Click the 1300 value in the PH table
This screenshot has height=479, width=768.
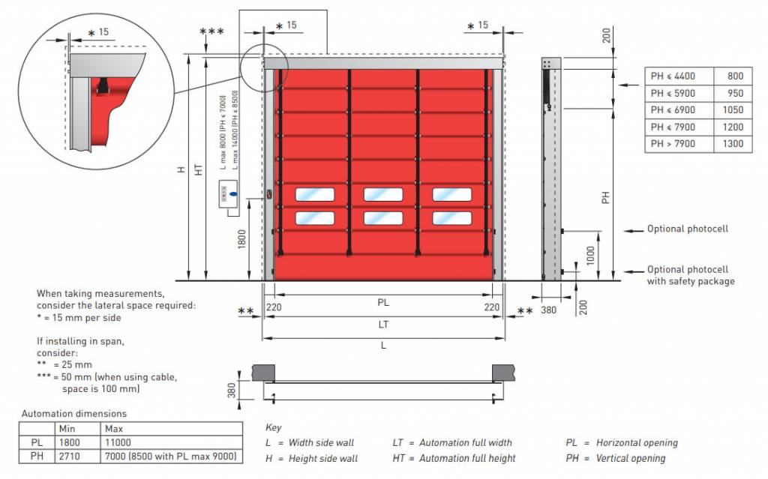coord(735,144)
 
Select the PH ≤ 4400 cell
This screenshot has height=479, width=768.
coord(673,76)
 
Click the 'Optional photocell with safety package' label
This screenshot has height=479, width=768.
coord(691,275)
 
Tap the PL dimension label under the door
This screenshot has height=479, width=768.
coord(383,303)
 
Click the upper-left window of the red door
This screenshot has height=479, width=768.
coord(316,195)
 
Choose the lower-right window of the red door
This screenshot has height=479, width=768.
coord(452,218)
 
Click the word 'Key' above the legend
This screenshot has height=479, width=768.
coord(274,427)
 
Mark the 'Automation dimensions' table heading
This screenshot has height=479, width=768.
coord(74,414)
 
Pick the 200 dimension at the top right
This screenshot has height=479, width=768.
coord(606,35)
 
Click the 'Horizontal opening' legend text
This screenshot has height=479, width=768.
coord(636,443)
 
